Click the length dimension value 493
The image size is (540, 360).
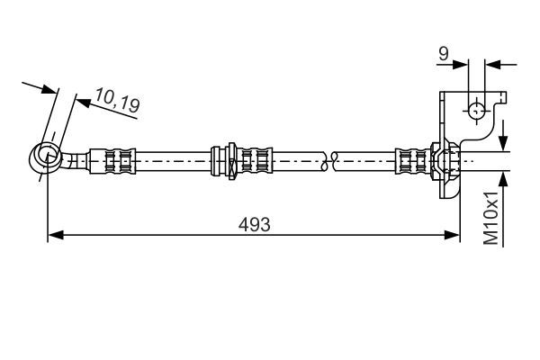click(255, 222)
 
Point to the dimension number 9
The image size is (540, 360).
click(443, 55)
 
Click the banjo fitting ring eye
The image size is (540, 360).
click(43, 157)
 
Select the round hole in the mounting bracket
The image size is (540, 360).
click(476, 111)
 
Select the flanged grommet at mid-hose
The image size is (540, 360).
click(228, 161)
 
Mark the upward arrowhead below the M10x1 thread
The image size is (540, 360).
click(503, 179)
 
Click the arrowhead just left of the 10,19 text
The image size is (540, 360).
click(82, 102)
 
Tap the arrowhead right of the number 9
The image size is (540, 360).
click(491, 64)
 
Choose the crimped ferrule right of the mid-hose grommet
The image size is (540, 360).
click(257, 161)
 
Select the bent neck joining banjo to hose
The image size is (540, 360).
click(75, 162)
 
